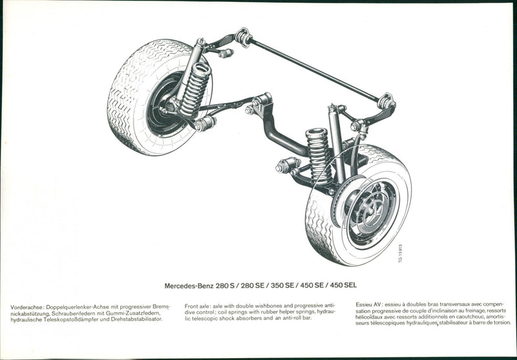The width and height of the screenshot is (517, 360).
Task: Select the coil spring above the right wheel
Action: tap(319, 156)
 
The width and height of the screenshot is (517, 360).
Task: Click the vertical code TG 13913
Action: tap(400, 253)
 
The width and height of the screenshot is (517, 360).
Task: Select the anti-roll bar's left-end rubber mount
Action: tap(244, 37)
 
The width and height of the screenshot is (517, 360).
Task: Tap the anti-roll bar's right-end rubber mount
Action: tap(386, 101)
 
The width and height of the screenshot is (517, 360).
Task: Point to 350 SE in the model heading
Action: tap(282, 286)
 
